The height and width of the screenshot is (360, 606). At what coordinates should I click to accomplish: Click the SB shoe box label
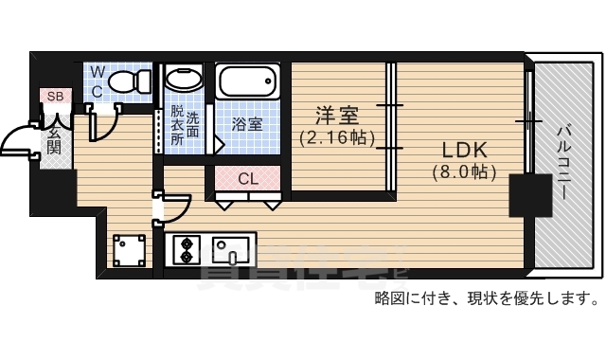pyautogui.click(x=54, y=96)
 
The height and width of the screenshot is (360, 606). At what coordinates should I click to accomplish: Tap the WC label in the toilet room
pyautogui.click(x=98, y=81)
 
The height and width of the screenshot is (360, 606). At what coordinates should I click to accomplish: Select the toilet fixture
pyautogui.click(x=129, y=82)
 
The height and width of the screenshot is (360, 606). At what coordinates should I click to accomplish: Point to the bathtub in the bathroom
pyautogui.click(x=248, y=82)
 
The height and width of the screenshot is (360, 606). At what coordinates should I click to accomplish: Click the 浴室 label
pyautogui.click(x=248, y=124)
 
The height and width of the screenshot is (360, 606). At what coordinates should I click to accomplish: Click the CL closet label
pyautogui.click(x=248, y=178)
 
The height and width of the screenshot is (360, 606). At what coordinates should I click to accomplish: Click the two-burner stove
pyautogui.click(x=186, y=250)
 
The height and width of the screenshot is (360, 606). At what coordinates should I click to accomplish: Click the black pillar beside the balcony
pyautogui.click(x=524, y=196)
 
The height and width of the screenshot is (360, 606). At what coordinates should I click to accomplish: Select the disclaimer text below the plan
pyautogui.click(x=486, y=299)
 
